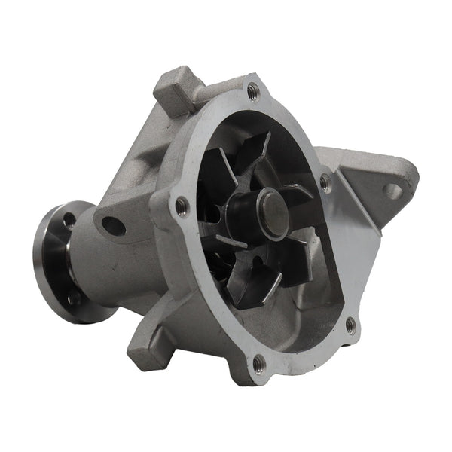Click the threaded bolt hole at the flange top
(x=252, y=91)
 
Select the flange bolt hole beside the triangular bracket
(x=325, y=181)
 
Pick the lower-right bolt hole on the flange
(x=350, y=325)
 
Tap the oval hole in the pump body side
(x=114, y=225)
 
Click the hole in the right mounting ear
(x=393, y=191)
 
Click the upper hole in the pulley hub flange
(x=69, y=221)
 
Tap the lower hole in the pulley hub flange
(x=73, y=298)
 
